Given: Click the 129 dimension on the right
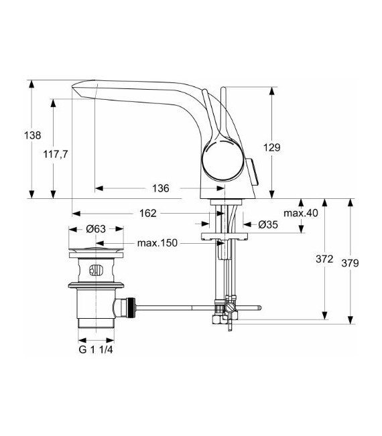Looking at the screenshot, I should (x=291, y=147).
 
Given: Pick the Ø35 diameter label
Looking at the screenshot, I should (x=267, y=224).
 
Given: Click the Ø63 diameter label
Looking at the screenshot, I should (x=96, y=228).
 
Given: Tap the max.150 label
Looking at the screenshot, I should (x=157, y=243).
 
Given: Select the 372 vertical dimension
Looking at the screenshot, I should (x=325, y=259).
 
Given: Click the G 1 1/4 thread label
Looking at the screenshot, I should (x=94, y=349).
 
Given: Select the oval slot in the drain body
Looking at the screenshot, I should (x=95, y=272).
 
